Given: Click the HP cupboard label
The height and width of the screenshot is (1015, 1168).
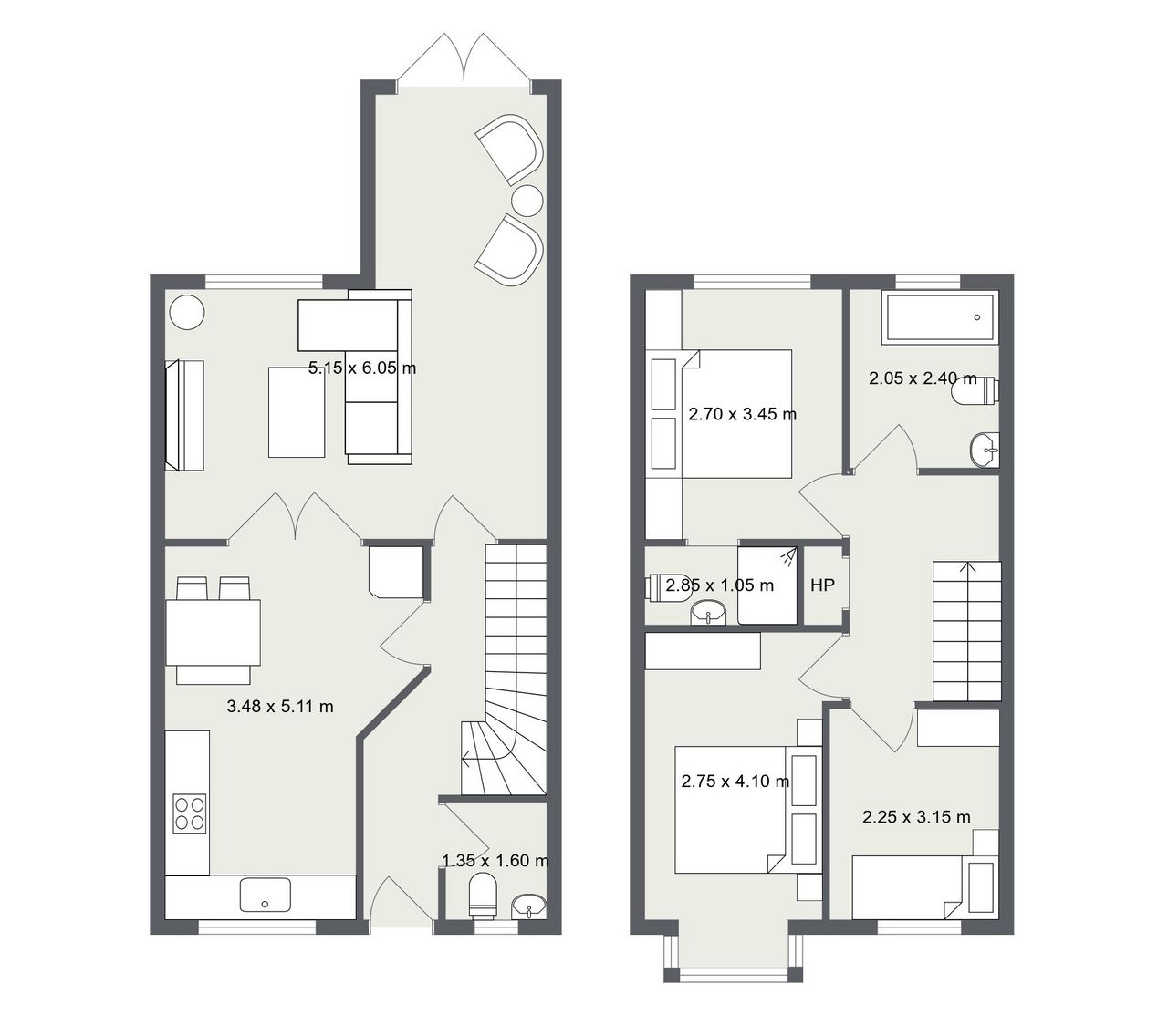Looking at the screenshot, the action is tap(822, 585).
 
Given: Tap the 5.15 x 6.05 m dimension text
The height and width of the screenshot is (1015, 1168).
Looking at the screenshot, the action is tap(362, 368).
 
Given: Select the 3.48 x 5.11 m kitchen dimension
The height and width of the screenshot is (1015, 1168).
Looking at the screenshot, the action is tap(280, 707).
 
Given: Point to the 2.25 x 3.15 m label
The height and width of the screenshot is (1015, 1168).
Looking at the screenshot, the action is tap(916, 817).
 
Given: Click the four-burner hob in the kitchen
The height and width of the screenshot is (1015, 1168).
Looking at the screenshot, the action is tap(190, 813).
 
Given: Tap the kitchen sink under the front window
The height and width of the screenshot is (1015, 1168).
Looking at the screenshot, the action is tap(265, 895).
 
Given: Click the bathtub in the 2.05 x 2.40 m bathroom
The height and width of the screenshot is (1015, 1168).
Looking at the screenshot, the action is tap(940, 317).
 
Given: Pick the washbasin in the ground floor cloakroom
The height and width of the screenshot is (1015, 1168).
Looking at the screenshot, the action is tap(529, 906).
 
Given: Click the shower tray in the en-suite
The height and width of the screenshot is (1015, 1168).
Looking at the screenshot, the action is tap(767, 585).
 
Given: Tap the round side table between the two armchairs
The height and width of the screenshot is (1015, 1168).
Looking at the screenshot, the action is tap(527, 201).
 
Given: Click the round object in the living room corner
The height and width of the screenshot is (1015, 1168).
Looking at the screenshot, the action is tap(187, 312).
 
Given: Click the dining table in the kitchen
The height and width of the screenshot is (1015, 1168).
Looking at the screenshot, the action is tap(213, 632).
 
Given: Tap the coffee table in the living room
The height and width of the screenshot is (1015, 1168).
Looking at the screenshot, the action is tap(297, 412).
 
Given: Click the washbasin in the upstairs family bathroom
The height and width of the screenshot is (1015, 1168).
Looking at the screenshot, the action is tap(985, 450).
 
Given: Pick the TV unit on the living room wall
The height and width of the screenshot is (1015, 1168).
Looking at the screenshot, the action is tap(184, 415).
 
